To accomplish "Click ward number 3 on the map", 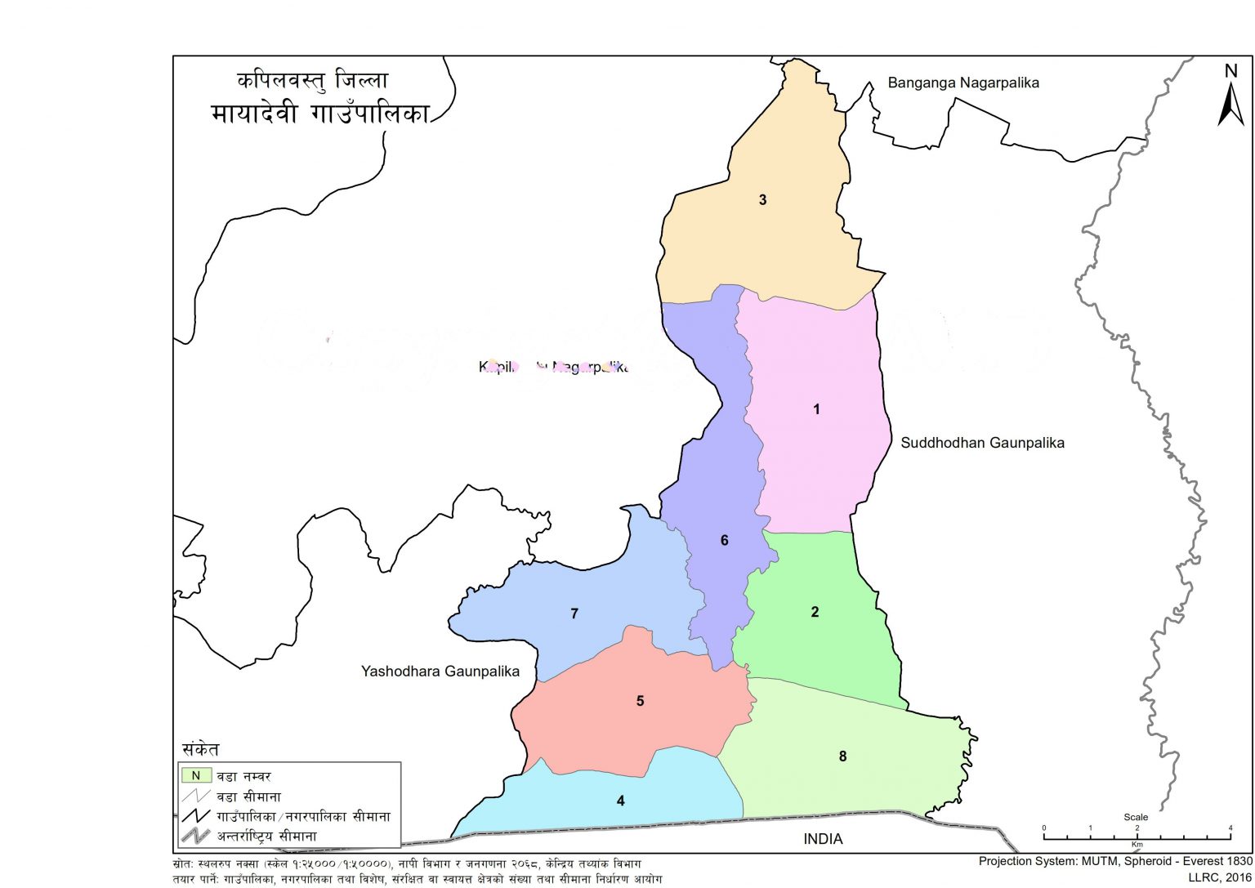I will (762, 199).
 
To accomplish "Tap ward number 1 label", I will (815, 409).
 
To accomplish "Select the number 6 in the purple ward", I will (724, 540).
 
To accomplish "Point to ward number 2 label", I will (815, 612).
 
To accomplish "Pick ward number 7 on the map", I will (574, 614).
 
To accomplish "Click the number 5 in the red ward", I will (640, 701).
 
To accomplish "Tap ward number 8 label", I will (842, 756).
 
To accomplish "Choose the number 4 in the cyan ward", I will (621, 801).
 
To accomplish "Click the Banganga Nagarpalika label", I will (963, 83).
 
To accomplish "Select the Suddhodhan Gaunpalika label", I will (982, 443).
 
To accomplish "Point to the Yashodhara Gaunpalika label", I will (440, 672).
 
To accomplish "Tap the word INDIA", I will (823, 839).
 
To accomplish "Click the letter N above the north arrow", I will (1230, 71).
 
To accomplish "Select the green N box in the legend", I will (196, 775).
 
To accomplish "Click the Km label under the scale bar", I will (1137, 844).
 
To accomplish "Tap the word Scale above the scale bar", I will (1136, 817).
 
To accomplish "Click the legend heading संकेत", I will (200, 749).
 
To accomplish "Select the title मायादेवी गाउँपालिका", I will (319, 113).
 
